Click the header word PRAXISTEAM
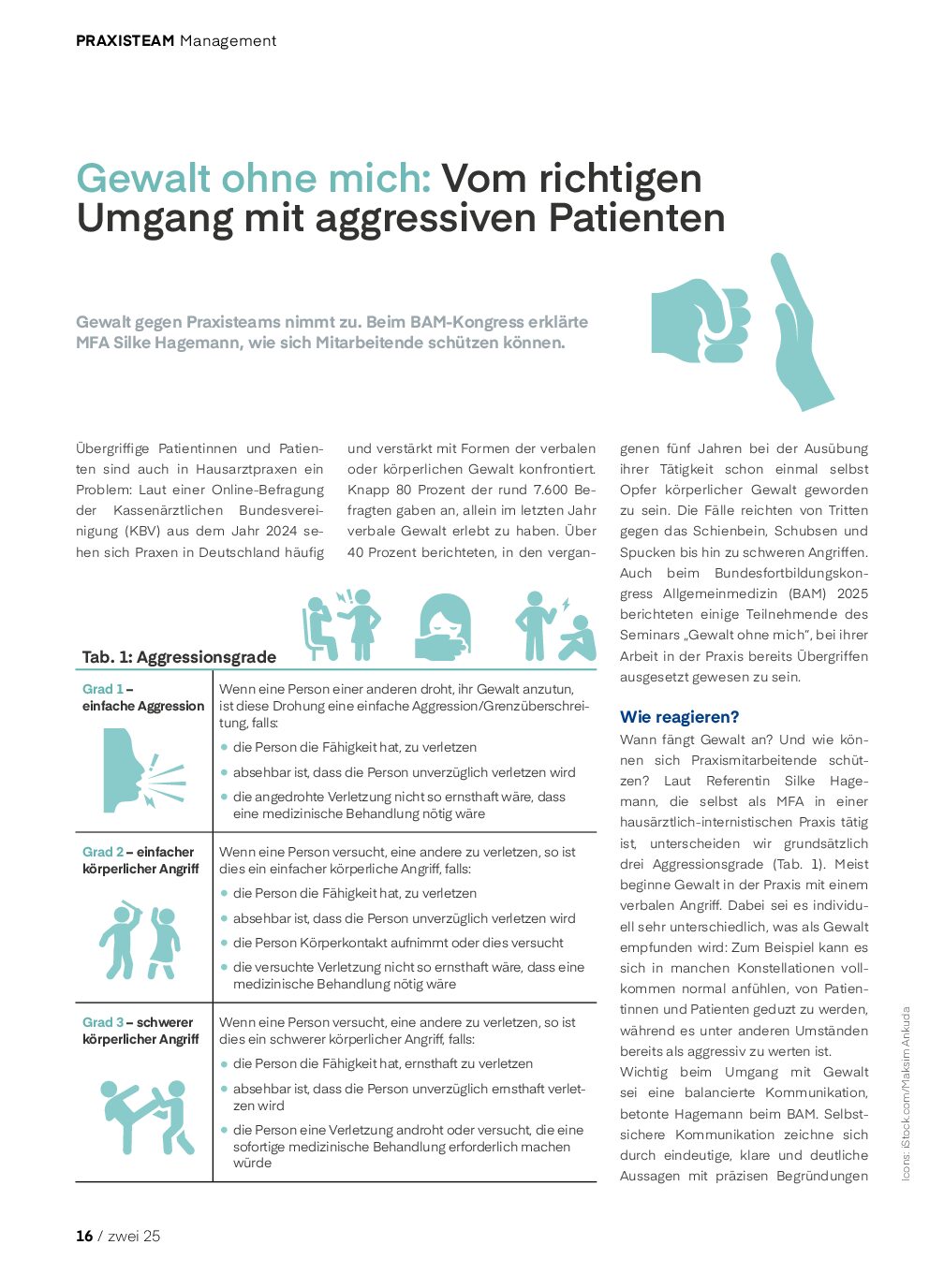125,41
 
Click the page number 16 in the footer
84,1236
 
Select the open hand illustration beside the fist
801,332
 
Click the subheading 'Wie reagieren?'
679,717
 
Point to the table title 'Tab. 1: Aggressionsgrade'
179,656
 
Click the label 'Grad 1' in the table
102,689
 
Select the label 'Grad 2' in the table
102,852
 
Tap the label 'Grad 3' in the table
102,1022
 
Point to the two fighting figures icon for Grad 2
140,940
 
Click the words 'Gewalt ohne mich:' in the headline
254,178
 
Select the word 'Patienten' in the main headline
637,218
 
